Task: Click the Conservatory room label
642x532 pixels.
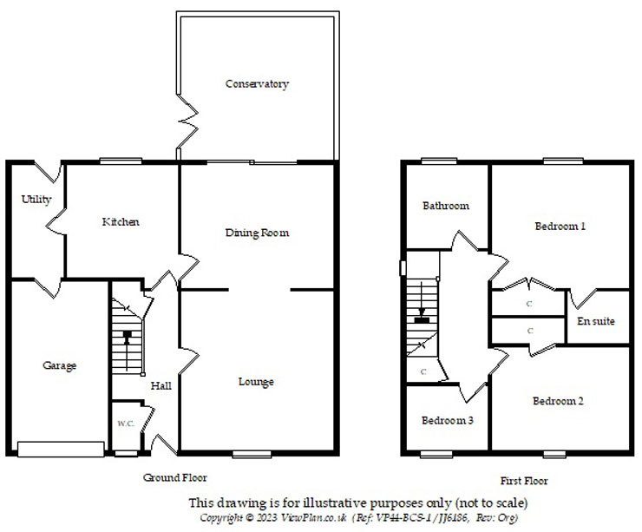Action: coord(256,84)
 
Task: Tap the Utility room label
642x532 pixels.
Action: coord(36,200)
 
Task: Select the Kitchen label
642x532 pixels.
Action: coord(121,222)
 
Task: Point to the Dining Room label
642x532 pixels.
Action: coord(257,233)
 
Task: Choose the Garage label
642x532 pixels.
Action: coord(59,365)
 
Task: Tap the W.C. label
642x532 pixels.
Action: coord(127,424)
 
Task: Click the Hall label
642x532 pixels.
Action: coord(161,385)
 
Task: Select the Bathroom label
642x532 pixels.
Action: coord(446,206)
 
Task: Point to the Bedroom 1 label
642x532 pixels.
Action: coord(560,227)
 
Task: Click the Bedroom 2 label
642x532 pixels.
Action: coord(558,401)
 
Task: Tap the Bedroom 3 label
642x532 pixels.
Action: coord(448,420)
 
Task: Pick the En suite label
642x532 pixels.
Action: coord(596,321)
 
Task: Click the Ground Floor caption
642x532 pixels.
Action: coord(175,477)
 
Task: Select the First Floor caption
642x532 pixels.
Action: coord(524,480)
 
